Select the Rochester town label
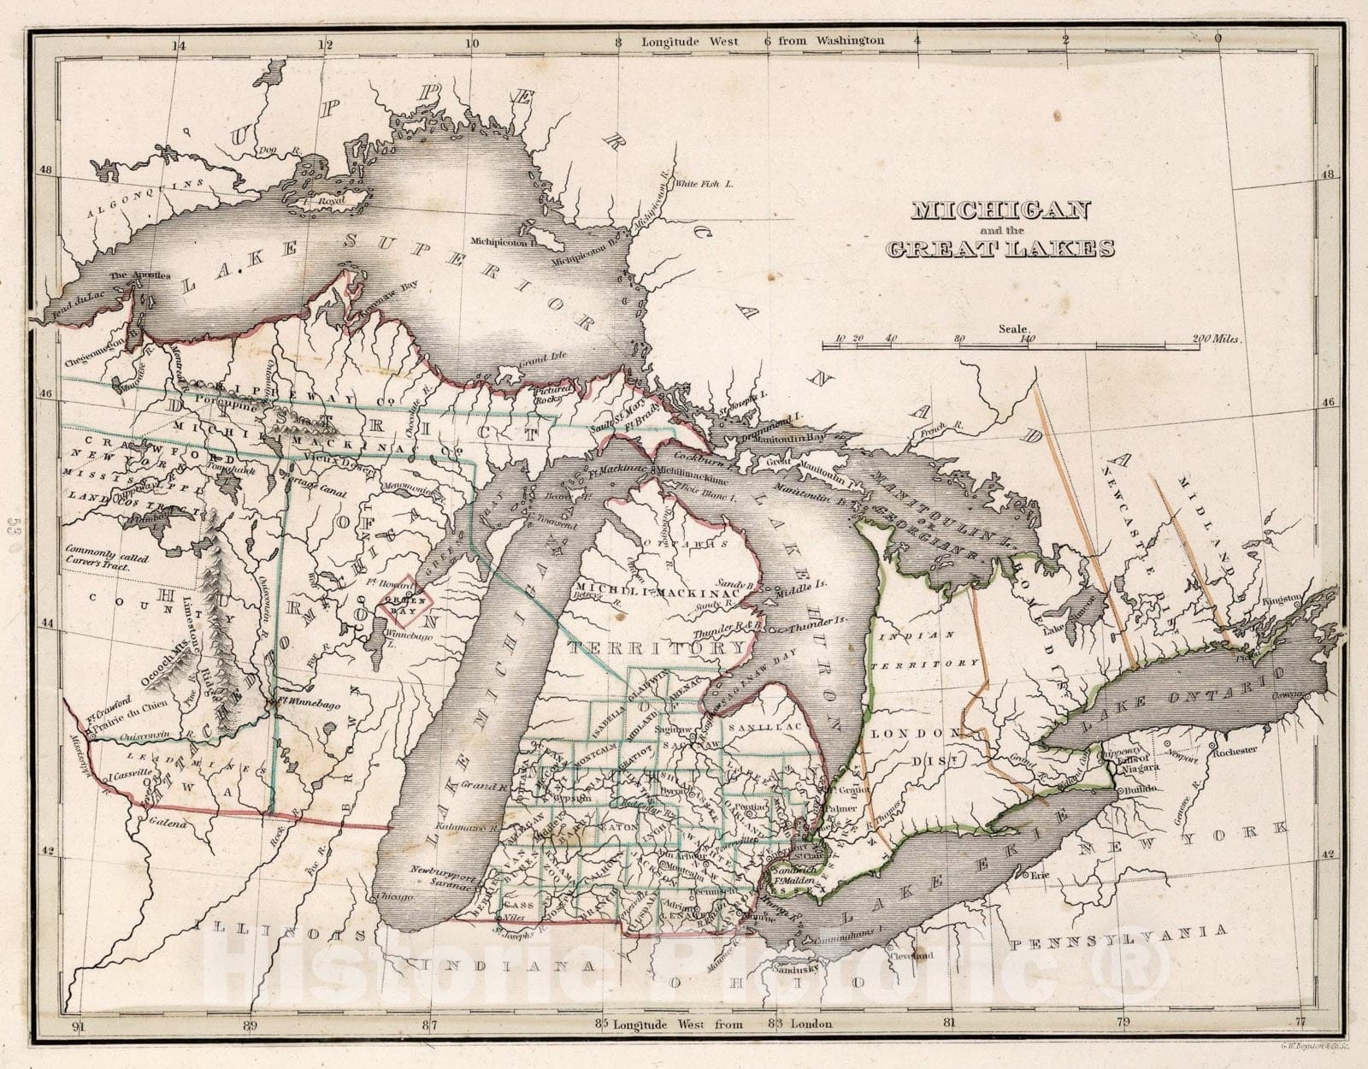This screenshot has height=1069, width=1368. (x=1233, y=750)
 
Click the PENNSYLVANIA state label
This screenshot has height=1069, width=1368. (x=1117, y=937)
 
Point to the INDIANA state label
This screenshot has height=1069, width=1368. (x=495, y=966)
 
